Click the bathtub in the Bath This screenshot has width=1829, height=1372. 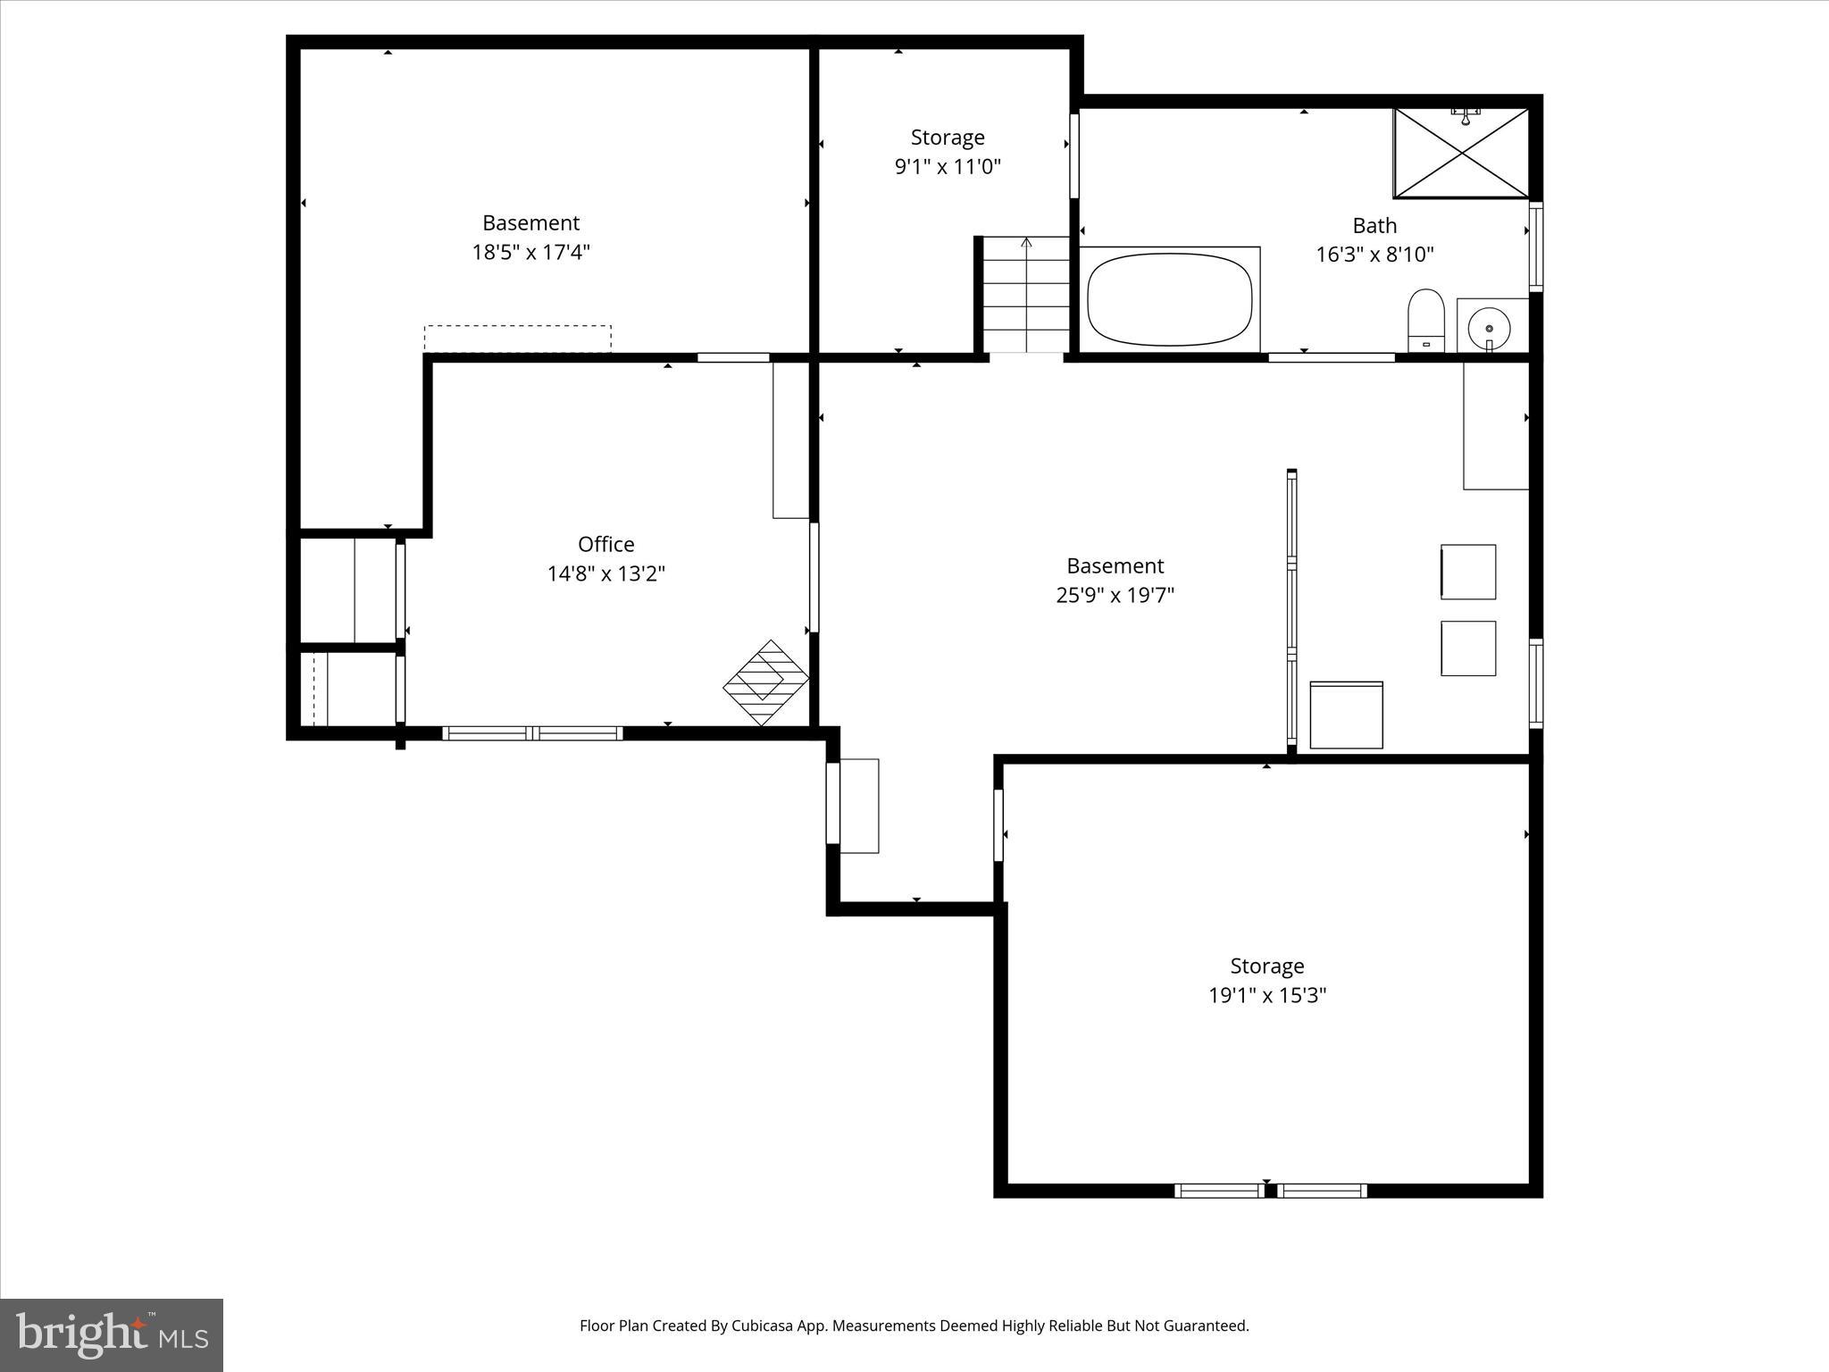click(x=1169, y=299)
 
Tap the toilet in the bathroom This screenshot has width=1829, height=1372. click(x=1426, y=320)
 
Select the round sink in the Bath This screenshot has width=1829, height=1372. click(x=1489, y=326)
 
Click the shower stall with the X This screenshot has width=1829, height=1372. click(x=1461, y=154)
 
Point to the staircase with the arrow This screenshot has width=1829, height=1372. click(x=1026, y=295)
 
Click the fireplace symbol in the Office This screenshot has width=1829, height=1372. click(x=765, y=683)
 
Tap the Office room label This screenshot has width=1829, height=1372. click(x=605, y=544)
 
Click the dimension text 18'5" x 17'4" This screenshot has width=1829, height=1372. click(x=530, y=252)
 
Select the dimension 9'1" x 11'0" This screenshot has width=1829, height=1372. click(x=948, y=166)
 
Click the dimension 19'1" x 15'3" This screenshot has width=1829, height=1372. click(x=1266, y=995)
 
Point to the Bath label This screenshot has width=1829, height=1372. click(x=1374, y=225)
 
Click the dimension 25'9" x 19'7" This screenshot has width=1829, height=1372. click(x=1115, y=595)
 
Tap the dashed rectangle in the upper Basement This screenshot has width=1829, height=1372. click(x=517, y=339)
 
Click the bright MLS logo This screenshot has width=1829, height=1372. click(x=112, y=1334)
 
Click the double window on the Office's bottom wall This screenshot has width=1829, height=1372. click(x=532, y=733)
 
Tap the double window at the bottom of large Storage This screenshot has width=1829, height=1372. click(x=1270, y=1190)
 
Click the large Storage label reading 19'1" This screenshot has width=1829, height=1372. click(x=1266, y=966)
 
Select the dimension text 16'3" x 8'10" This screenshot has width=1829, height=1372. click(x=1374, y=255)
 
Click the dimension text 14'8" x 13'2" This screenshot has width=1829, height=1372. click(x=605, y=573)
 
